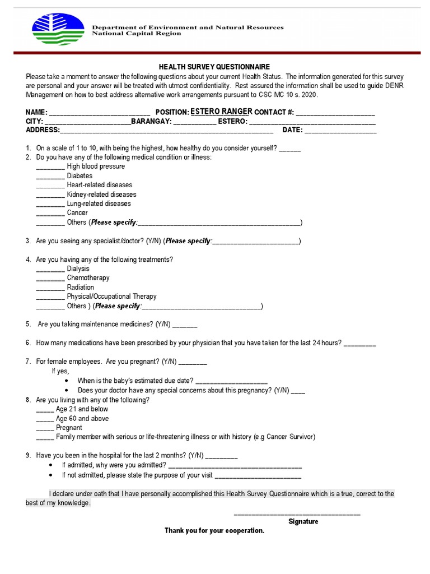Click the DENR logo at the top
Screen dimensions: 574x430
58,30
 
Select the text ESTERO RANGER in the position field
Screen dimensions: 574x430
221,112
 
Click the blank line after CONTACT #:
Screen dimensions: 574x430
335,113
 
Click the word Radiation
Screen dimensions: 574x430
81,288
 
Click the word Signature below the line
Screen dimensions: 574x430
303,522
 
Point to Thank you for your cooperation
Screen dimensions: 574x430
214,531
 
